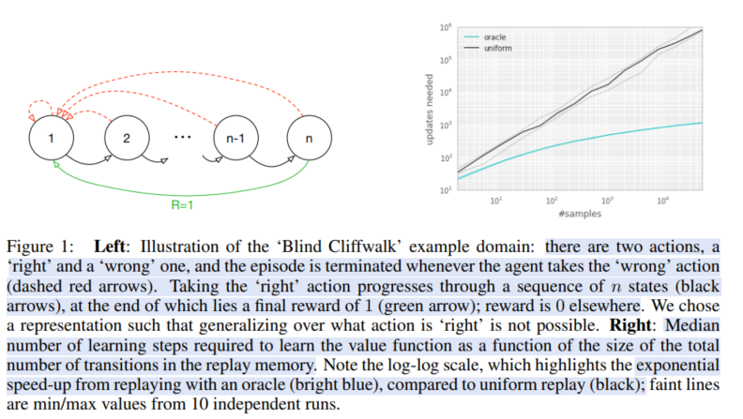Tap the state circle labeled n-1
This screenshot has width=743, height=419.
pyautogui.click(x=233, y=138)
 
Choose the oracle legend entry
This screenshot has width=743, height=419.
pyautogui.click(x=494, y=37)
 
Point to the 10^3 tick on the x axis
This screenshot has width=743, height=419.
pyautogui.click(x=606, y=200)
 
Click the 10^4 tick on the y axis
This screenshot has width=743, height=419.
pyautogui.click(x=445, y=92)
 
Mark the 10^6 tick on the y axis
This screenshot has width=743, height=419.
pyautogui.click(x=445, y=26)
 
